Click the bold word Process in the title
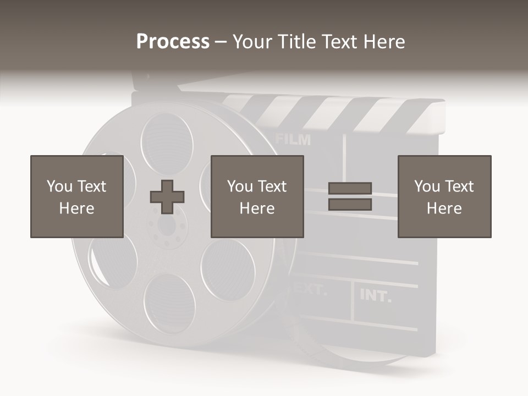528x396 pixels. [x=173, y=42]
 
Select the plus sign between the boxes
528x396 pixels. [x=167, y=197]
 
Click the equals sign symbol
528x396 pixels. [x=350, y=196]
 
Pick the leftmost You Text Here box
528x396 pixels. [x=76, y=196]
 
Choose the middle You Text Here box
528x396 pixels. [x=257, y=196]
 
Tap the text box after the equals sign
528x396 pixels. [x=444, y=196]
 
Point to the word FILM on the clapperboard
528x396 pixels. [x=293, y=140]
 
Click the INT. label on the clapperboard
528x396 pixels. [x=376, y=296]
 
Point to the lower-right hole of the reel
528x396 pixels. [x=228, y=269]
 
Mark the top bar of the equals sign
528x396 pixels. [x=350, y=189]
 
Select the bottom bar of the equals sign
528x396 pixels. [x=350, y=205]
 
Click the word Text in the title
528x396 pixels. [x=340, y=42]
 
